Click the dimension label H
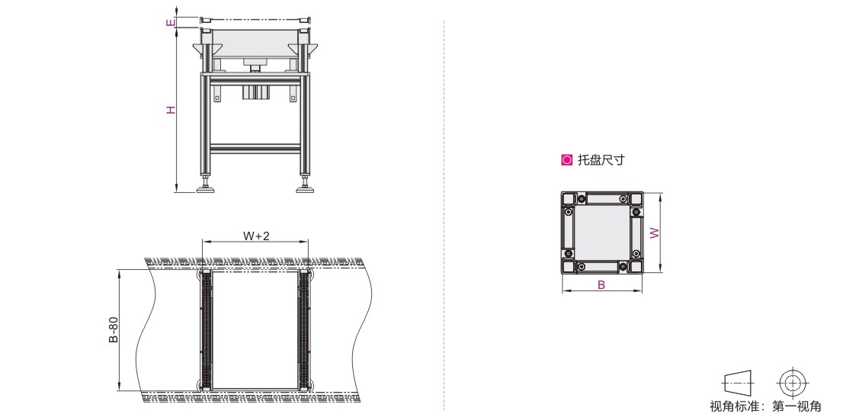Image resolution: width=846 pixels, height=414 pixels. coord(171,110)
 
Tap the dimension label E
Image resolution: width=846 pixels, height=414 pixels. coord(171,23)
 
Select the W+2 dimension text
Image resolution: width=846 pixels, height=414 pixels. coord(256,236)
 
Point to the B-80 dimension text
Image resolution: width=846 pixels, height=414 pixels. coord(114,330)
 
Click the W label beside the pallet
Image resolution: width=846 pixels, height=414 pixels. coord(655,233)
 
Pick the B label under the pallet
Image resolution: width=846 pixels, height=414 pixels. coord(601,285)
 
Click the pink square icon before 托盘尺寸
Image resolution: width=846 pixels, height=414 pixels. coord(566,160)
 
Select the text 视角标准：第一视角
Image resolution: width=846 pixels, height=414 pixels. coord(765,406)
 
